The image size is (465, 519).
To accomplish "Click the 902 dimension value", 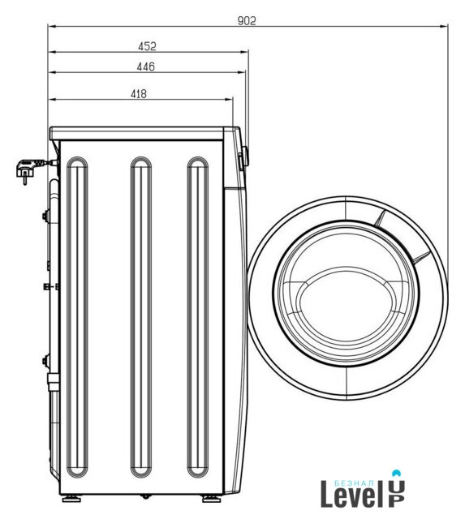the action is click(247, 21).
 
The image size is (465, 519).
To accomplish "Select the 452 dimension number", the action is click(147, 46).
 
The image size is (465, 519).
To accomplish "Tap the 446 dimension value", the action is click(146, 66).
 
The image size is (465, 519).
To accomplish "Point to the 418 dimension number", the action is click(139, 94).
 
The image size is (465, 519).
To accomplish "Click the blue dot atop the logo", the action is click(397, 473).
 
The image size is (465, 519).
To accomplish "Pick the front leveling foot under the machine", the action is click(211, 499).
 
